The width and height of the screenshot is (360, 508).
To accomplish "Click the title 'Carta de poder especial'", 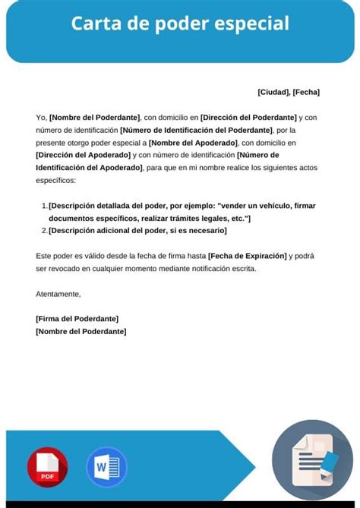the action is (x=180, y=24).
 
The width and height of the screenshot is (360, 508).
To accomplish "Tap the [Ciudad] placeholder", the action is (x=273, y=92).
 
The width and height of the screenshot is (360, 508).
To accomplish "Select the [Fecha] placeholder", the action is (x=306, y=92).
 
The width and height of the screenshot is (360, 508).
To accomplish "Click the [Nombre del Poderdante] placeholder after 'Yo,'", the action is (x=95, y=118).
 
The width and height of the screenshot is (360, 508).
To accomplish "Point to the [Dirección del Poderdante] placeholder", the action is (x=248, y=118).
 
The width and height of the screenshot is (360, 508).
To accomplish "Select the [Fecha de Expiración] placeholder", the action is (x=247, y=256).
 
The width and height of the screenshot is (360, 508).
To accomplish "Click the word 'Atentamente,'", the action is (x=58, y=293).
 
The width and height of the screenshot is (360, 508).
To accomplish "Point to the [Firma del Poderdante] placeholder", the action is (x=77, y=319).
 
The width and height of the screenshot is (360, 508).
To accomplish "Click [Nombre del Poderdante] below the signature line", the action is (x=81, y=331).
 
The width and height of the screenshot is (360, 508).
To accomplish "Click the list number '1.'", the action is (x=43, y=206).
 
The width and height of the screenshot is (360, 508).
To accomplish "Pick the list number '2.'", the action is (x=43, y=230).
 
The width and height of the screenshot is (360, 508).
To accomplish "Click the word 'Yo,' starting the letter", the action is (x=41, y=118).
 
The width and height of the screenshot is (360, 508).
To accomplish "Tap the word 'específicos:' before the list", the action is (x=56, y=179).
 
